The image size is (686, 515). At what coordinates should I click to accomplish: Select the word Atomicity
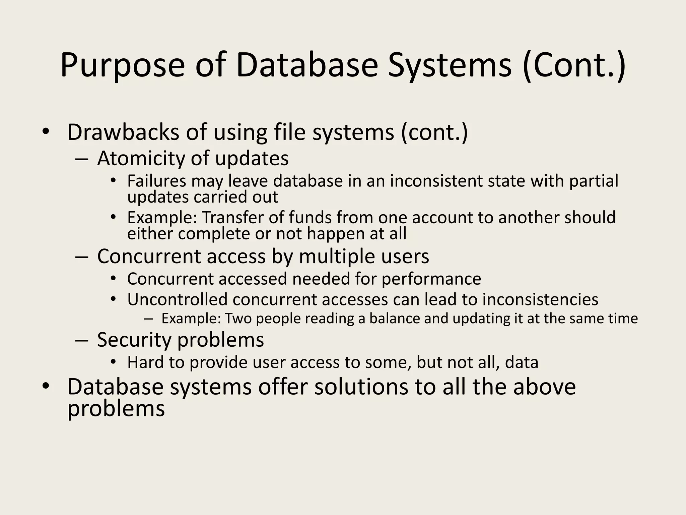click(x=141, y=158)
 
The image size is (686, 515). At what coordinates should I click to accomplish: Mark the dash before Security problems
click(x=82, y=341)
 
